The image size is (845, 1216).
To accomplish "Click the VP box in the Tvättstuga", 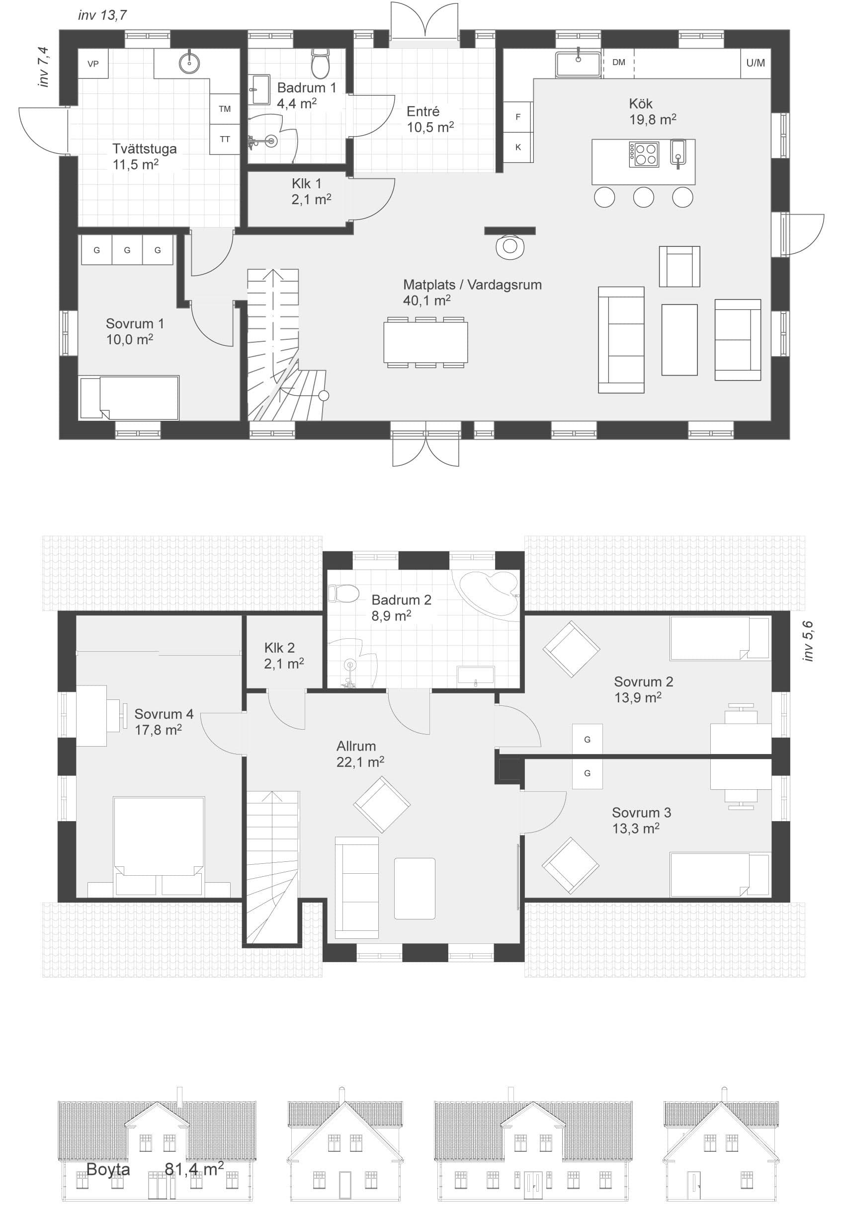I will (93, 64).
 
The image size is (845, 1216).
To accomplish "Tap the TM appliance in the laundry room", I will (225, 109).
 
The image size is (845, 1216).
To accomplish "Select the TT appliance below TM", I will (225, 139).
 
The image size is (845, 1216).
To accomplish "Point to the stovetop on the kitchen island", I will (644, 154).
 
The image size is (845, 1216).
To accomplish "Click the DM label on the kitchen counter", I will (618, 63).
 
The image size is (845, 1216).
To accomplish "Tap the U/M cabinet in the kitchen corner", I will (755, 63).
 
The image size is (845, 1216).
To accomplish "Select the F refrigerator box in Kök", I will (518, 117).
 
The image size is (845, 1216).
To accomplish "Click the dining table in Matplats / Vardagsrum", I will (425, 342).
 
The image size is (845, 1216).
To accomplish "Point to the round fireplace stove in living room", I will (510, 246).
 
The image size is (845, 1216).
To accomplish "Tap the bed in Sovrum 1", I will (129, 398).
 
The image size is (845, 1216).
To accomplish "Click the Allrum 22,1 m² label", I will (360, 754).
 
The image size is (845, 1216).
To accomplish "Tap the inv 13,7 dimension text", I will (102, 15).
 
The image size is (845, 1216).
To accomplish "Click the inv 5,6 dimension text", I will (807, 641).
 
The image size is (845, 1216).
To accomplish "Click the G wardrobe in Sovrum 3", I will (587, 773).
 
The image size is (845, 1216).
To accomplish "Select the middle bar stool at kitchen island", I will (643, 197).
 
